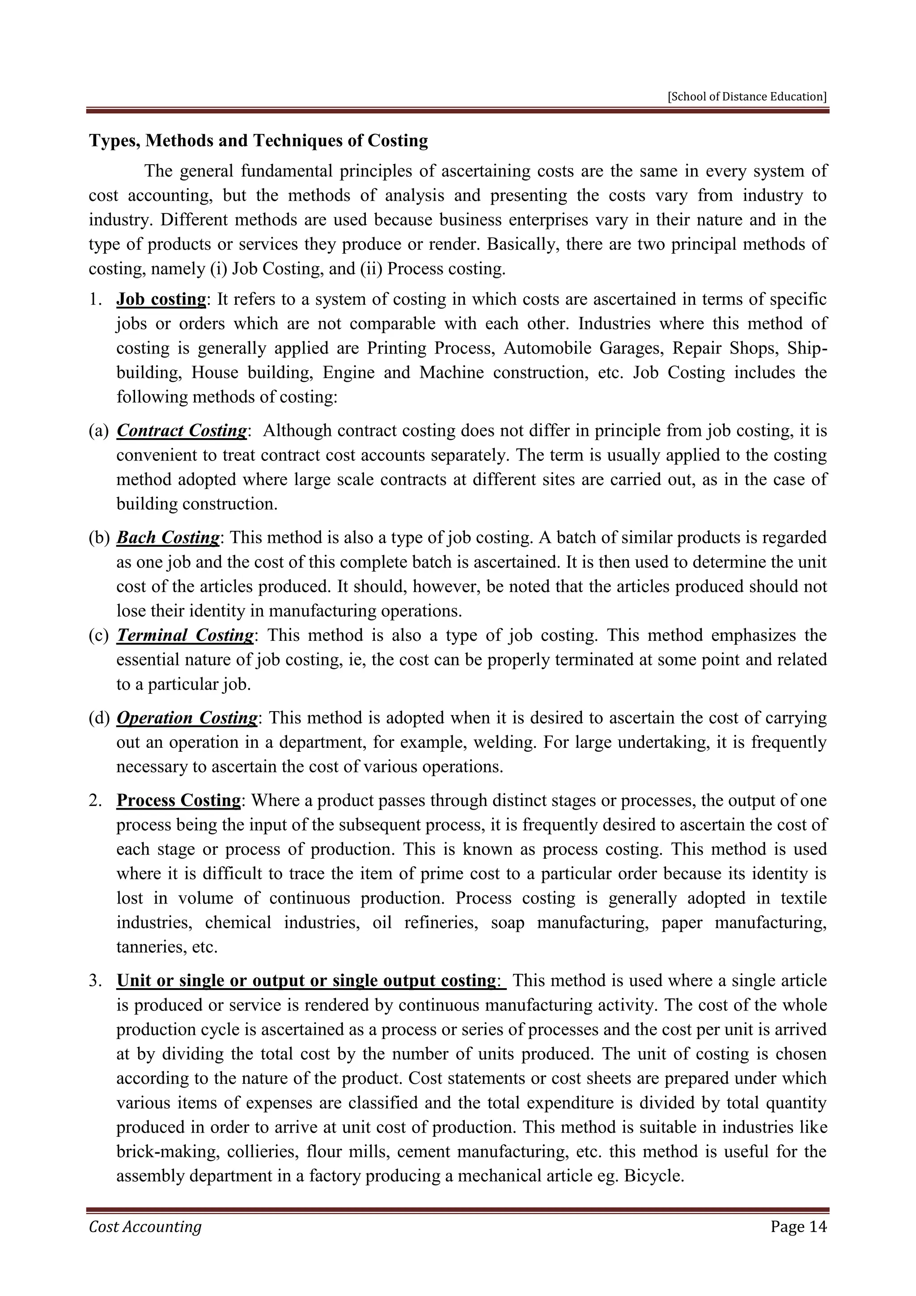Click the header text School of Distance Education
(x=747, y=97)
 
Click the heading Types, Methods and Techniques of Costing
(x=259, y=141)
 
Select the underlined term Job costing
(x=161, y=299)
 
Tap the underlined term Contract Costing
(x=182, y=431)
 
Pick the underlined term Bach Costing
(x=168, y=537)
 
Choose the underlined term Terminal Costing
(x=186, y=635)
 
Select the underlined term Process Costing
(x=179, y=801)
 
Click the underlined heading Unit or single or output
(x=306, y=981)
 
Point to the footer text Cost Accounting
(x=145, y=1227)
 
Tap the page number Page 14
(x=798, y=1227)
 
